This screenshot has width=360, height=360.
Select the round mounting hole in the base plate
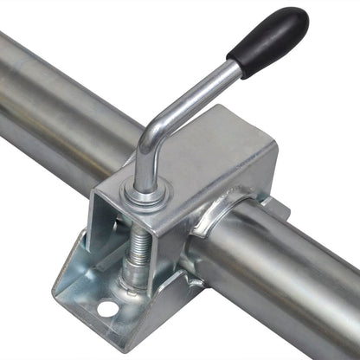click(106, 308)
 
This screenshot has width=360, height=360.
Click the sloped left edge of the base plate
click(74, 260)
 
